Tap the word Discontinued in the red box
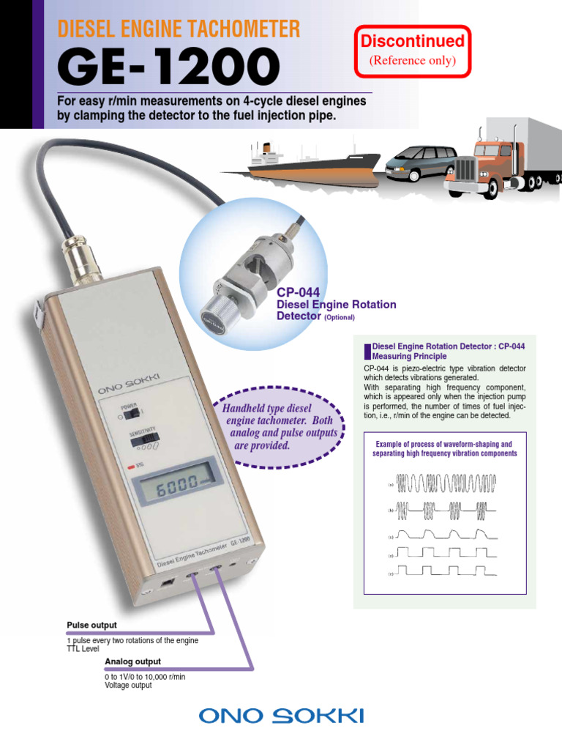click(413, 41)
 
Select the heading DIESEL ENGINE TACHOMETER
click(179, 29)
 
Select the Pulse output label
click(91, 625)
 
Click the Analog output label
click(132, 661)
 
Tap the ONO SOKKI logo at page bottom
click(281, 716)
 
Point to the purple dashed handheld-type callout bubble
click(278, 426)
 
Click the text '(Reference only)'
click(413, 60)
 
